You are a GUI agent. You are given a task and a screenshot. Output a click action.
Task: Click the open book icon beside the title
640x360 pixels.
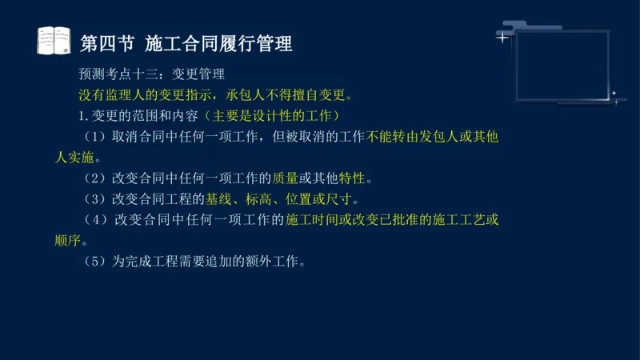pyautogui.click(x=54, y=40)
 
